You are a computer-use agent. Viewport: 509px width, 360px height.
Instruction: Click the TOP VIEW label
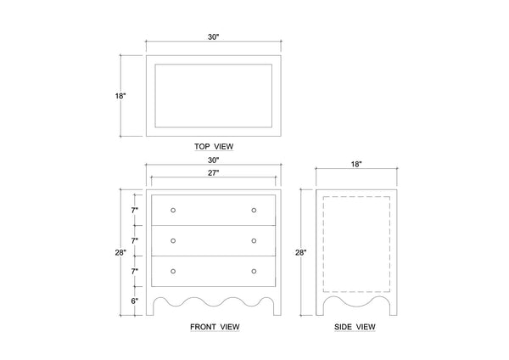(214, 147)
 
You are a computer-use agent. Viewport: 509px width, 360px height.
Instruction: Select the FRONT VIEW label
(215, 327)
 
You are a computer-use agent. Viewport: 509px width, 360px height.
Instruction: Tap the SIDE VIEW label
(355, 327)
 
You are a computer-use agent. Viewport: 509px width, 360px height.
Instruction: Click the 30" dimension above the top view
(214, 37)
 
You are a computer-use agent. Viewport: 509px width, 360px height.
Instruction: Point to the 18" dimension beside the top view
(120, 96)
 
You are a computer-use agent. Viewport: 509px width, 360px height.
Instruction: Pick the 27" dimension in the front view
(214, 173)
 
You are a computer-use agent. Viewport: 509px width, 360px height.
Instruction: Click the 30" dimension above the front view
(214, 160)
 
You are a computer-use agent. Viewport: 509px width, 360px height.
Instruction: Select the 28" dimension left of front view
(120, 252)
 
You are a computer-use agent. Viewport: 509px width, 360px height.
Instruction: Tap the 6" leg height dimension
(135, 301)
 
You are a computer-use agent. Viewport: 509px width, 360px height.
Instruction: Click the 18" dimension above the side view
(356, 165)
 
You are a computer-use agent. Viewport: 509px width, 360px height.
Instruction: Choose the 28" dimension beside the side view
(300, 252)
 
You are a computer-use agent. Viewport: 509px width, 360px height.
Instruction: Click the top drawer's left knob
(173, 211)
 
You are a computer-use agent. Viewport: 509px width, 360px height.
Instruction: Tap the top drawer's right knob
(254, 211)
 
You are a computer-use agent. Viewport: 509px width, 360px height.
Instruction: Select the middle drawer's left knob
(173, 241)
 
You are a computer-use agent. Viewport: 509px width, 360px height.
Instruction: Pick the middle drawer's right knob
(254, 241)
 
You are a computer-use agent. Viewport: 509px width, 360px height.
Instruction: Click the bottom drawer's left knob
(173, 272)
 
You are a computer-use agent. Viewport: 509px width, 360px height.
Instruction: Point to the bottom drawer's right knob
(254, 272)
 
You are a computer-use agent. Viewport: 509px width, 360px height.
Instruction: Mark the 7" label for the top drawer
(135, 211)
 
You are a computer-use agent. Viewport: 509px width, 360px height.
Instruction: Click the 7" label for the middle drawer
(135, 241)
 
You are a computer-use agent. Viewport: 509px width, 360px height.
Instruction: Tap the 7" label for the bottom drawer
(135, 272)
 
